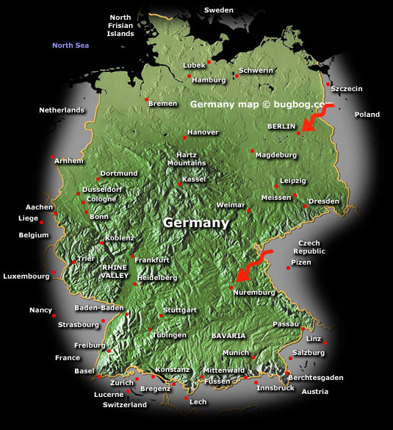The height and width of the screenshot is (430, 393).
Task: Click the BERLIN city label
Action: tap(281, 126)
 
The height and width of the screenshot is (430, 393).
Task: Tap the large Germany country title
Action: tap(196, 222)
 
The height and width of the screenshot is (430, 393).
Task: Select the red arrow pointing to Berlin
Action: tap(317, 118)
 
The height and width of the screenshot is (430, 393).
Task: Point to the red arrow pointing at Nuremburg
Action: tap(253, 268)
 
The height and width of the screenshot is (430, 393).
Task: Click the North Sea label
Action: tap(70, 46)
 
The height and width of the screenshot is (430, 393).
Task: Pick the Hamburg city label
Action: tap(208, 79)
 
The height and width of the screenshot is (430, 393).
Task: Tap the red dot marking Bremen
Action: tap(147, 99)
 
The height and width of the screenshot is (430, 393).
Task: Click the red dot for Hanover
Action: tap(184, 137)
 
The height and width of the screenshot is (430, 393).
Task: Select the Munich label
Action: tap(236, 353)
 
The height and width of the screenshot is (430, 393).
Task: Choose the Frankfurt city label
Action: tap(152, 260)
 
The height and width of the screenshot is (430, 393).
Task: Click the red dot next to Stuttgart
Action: tap(161, 315)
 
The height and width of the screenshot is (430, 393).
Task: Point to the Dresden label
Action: tap(323, 201)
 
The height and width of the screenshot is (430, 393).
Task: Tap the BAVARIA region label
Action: tap(228, 335)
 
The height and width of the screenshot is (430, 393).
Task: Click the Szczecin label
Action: tap(347, 89)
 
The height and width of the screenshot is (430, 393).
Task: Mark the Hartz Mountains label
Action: tap(187, 159)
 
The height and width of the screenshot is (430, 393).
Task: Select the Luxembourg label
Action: tap(26, 277)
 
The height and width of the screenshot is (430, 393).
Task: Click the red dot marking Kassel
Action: tap(179, 184)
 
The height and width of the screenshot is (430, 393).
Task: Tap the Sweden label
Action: tap(218, 10)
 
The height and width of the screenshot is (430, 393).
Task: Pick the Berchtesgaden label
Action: tap(316, 377)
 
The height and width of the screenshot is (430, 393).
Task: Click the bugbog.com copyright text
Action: tap(256, 104)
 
